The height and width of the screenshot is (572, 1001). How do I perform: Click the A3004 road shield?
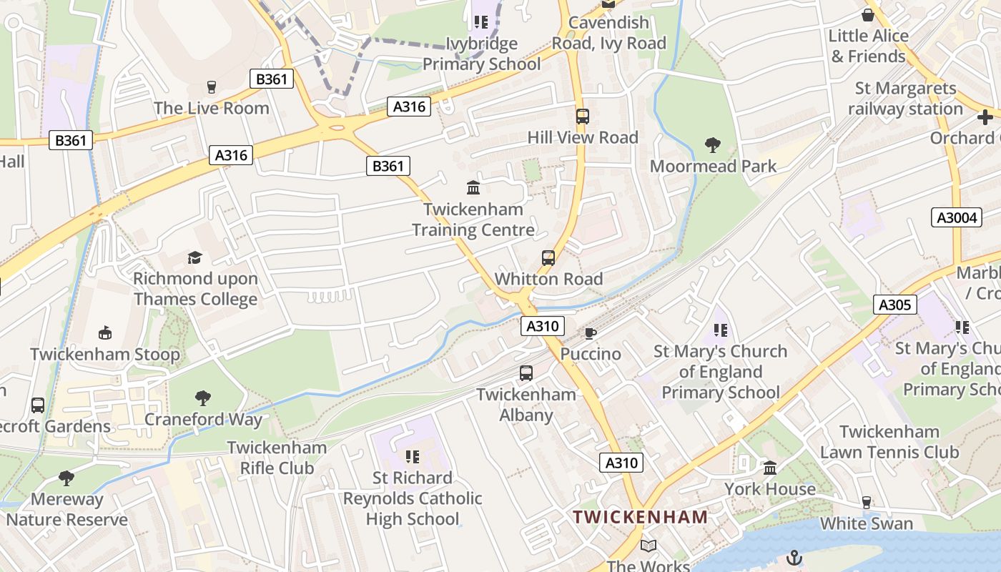(957, 217)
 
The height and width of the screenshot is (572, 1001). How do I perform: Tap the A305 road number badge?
(894, 305)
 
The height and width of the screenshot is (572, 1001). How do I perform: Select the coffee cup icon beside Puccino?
(590, 333)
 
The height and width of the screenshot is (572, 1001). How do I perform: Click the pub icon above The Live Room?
(211, 87)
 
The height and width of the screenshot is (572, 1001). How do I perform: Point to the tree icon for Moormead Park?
(712, 145)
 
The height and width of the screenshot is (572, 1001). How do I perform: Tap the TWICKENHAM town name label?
(641, 517)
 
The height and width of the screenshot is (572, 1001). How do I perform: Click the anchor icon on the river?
(794, 558)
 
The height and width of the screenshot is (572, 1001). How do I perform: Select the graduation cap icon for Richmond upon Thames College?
(194, 257)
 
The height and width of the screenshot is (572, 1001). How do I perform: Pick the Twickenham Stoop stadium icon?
(105, 333)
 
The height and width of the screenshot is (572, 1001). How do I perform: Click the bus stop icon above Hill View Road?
(582, 116)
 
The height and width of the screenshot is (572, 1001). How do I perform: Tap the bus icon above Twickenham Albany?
(526, 373)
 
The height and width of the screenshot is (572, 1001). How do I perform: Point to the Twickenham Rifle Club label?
(277, 458)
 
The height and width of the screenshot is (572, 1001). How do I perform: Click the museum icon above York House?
(770, 468)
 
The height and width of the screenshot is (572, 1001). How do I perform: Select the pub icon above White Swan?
(867, 503)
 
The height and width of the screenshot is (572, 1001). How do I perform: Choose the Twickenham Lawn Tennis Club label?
(889, 442)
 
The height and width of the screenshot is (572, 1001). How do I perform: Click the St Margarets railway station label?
(906, 99)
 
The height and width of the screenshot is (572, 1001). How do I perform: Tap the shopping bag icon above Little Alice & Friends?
(868, 15)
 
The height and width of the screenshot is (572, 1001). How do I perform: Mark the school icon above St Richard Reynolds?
(412, 456)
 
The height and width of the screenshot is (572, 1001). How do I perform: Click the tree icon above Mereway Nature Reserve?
(66, 478)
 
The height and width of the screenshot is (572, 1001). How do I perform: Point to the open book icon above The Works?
(649, 546)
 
